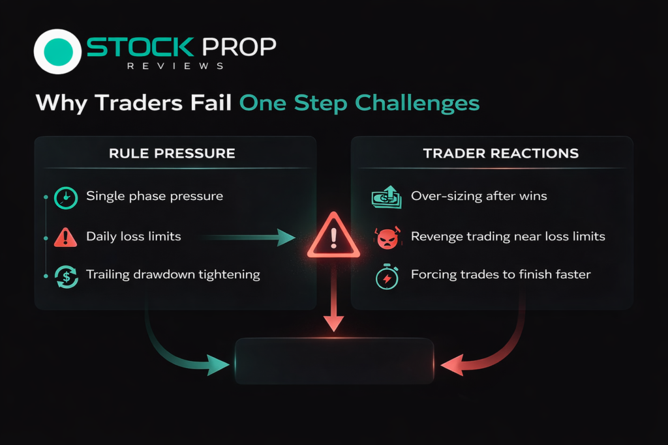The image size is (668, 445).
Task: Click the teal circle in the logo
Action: click(x=58, y=52)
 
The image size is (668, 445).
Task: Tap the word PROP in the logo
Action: click(x=239, y=47)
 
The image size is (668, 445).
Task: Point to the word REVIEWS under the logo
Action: click(x=175, y=66)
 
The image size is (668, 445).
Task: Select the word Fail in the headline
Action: click(x=211, y=102)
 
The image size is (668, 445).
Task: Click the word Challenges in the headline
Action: click(x=417, y=104)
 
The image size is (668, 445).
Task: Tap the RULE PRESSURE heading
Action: click(x=172, y=153)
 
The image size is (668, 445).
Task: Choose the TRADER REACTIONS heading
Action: click(x=500, y=153)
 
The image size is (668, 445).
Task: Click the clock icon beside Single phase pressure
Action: click(x=66, y=198)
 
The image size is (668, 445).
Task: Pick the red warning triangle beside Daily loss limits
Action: click(x=66, y=237)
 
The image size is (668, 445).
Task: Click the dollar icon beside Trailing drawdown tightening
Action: click(x=66, y=277)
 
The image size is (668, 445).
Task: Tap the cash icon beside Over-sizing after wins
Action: click(x=386, y=197)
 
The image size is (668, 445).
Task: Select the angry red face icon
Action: click(x=387, y=238)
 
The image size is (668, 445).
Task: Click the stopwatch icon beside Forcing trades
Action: click(x=387, y=277)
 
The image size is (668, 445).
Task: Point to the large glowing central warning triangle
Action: click(x=333, y=236)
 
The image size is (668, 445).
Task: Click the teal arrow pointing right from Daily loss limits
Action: click(x=248, y=237)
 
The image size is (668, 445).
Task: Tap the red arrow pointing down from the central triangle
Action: click(x=333, y=296)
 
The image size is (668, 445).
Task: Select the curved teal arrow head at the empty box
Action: click(x=217, y=365)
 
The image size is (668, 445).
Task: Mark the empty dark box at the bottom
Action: click(x=335, y=361)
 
